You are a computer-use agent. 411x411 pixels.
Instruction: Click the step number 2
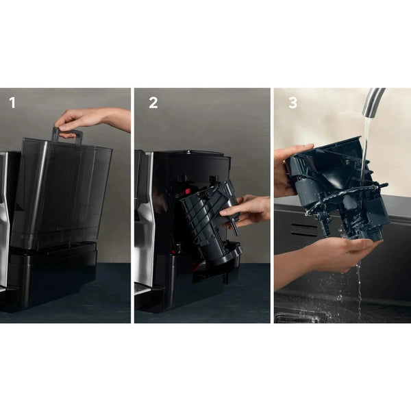[x=153, y=103]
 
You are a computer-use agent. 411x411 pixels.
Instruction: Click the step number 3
[x=292, y=103]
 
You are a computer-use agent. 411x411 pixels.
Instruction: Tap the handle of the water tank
[x=68, y=135]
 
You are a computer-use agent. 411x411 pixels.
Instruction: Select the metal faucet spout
[x=374, y=99]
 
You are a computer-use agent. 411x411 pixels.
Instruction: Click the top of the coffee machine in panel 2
[x=182, y=154]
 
